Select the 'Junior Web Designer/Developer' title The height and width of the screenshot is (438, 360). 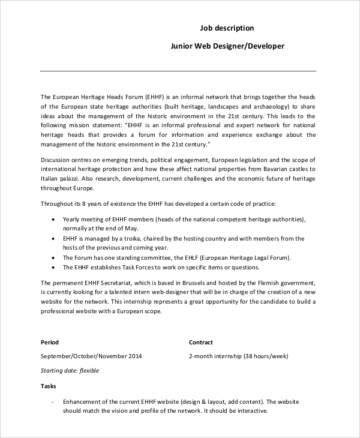click(227, 46)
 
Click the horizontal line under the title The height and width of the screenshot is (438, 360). click(178, 71)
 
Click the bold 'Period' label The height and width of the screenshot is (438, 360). click(49, 343)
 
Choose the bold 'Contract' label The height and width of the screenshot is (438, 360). click(201, 343)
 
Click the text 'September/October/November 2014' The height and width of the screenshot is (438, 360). click(91, 356)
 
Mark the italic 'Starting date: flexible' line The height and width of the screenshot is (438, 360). click(70, 371)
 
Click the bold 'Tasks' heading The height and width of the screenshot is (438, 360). click(48, 386)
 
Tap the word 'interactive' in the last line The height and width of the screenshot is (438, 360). click(250, 412)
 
